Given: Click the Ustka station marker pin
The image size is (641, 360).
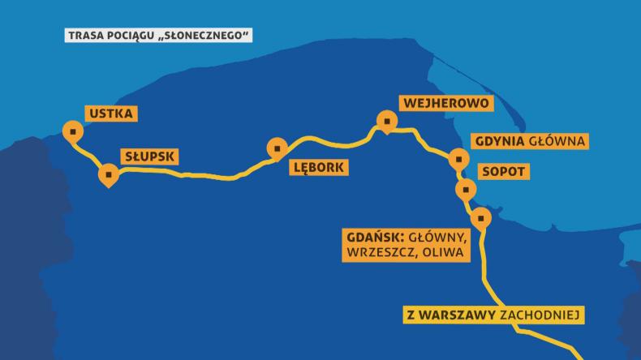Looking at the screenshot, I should (x=74, y=131).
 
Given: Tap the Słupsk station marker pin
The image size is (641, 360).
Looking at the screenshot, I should (x=108, y=174).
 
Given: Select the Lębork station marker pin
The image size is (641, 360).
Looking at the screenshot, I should (x=278, y=148).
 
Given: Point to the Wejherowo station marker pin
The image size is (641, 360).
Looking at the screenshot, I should (x=388, y=122).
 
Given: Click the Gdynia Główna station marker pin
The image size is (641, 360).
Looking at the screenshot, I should (x=458, y=159).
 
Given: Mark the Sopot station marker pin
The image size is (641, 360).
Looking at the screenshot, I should (x=466, y=191).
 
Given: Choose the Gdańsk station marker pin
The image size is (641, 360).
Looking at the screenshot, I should (x=481, y=217).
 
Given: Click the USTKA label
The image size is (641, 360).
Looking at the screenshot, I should (x=112, y=114).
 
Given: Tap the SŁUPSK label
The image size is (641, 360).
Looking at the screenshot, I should (x=149, y=156).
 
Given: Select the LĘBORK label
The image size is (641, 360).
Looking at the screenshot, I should (x=318, y=169).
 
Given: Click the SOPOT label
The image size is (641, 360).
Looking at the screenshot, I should (x=503, y=172).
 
